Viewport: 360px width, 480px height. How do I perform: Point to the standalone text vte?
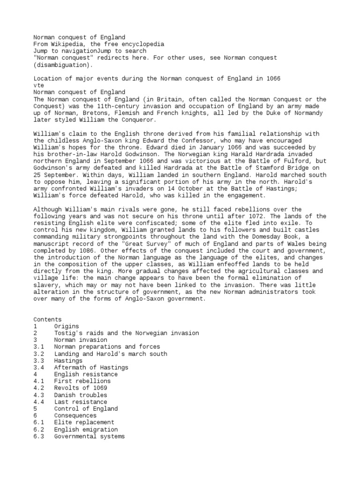click(38, 85)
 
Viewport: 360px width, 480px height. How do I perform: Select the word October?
click(166, 188)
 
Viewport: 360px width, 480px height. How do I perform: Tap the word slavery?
click(47, 285)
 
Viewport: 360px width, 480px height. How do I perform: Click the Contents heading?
click(47, 319)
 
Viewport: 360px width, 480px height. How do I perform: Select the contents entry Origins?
click(66, 326)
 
